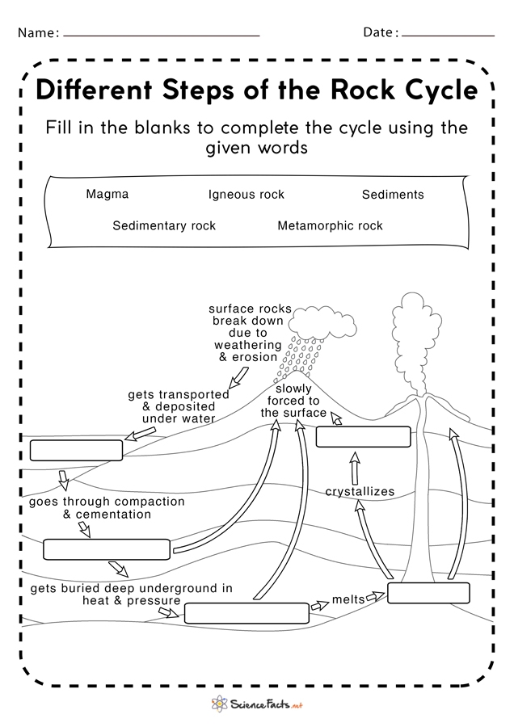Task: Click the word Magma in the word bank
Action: coord(107,195)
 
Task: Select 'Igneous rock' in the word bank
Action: coord(246,195)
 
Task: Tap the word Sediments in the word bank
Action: coord(393,195)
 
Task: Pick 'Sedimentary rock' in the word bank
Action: coord(164,226)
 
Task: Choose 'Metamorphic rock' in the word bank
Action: coord(330,226)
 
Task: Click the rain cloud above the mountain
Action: coord(316,323)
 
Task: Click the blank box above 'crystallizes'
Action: coord(363,437)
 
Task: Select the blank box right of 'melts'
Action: coord(428,593)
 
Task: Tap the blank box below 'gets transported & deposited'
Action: coord(76,450)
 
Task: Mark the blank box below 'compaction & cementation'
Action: coord(107,549)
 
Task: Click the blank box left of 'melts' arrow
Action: coord(246,613)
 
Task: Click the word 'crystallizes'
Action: coord(360,491)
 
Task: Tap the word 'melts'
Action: coord(348,600)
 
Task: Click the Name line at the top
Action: coord(162,35)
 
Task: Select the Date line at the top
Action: coord(448,35)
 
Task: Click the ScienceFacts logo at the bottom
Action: coord(256,704)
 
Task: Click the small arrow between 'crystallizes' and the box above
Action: coord(353,468)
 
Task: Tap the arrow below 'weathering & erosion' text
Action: coord(239,376)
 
